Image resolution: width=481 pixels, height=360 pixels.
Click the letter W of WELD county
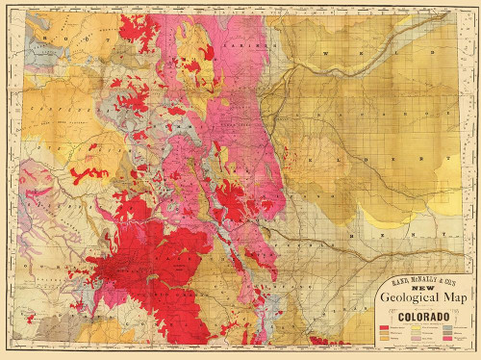pos(327,54)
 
